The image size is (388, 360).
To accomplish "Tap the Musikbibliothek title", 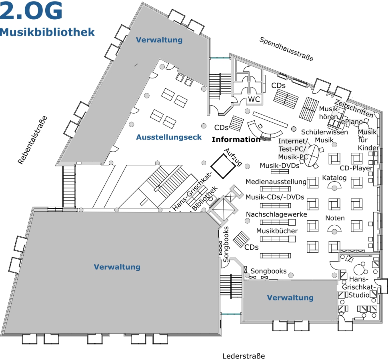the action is pyautogui.click(x=47, y=32).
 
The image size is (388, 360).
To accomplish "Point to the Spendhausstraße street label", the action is pyautogui.click(x=286, y=49).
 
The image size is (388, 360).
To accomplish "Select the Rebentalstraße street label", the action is pyautogui.click(x=32, y=140).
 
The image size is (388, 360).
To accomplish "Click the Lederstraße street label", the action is pyautogui.click(x=244, y=356).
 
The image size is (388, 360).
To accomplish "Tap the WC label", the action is pyautogui.click(x=254, y=99).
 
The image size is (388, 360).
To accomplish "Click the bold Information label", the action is pyautogui.click(x=236, y=140).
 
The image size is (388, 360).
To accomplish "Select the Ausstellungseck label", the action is pyautogui.click(x=169, y=137).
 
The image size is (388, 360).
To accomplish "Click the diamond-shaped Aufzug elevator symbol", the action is pyautogui.click(x=223, y=166).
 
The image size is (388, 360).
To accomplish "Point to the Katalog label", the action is pyautogui.click(x=334, y=178).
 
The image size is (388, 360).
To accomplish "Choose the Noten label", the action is pyautogui.click(x=335, y=218).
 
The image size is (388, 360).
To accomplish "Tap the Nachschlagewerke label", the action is pyautogui.click(x=276, y=214).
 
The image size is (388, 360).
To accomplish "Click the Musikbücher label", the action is pyautogui.click(x=277, y=231).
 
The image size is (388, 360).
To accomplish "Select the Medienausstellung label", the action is pyautogui.click(x=276, y=182).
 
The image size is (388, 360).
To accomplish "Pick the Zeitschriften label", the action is pyautogui.click(x=354, y=108).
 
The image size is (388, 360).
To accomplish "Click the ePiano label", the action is pyautogui.click(x=352, y=122).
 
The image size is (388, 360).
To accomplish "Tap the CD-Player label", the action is pyautogui.click(x=356, y=168).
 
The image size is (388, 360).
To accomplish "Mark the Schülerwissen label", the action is pyautogui.click(x=324, y=132).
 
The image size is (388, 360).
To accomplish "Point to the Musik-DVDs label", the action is pyautogui.click(x=279, y=166).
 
